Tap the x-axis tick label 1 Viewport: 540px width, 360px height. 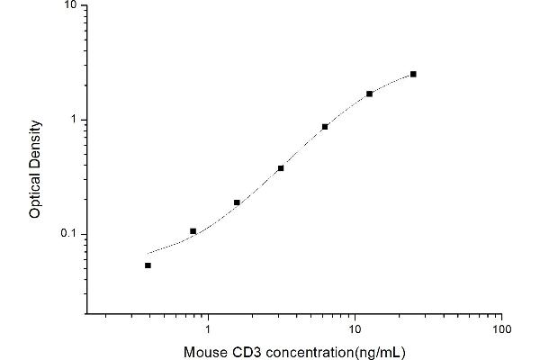click(x=209, y=328)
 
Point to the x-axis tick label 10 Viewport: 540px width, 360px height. click(x=355, y=328)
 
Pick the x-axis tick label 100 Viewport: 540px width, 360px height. click(x=502, y=328)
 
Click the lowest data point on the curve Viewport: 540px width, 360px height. click(x=148, y=265)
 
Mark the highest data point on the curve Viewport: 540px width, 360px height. click(x=413, y=74)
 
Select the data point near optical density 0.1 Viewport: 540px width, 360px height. click(x=193, y=231)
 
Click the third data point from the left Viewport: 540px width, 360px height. click(x=237, y=202)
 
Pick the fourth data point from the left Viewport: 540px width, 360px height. click(x=281, y=168)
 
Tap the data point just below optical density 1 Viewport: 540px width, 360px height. click(x=325, y=127)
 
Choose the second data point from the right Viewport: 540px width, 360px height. click(x=369, y=94)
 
